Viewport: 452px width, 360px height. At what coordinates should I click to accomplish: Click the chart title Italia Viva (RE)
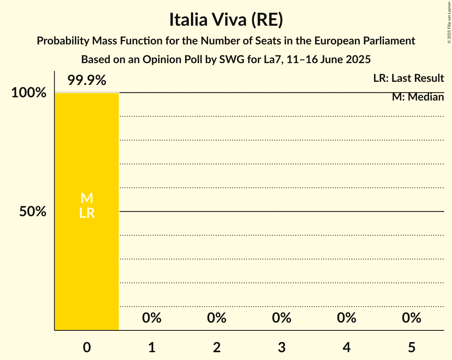click(x=226, y=20)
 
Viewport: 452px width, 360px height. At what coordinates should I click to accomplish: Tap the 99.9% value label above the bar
click(x=87, y=80)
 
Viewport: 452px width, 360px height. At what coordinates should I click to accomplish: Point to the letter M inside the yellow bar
click(x=87, y=198)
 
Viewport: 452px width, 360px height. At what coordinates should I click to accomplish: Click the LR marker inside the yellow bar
click(x=87, y=213)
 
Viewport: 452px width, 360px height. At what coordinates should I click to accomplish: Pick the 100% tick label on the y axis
click(x=28, y=93)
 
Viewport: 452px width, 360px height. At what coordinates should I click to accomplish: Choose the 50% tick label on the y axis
click(x=33, y=212)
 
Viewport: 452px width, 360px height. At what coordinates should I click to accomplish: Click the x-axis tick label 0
click(x=87, y=347)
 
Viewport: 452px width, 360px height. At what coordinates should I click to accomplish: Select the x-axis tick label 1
click(x=152, y=347)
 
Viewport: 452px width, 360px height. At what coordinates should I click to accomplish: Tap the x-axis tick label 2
click(x=217, y=347)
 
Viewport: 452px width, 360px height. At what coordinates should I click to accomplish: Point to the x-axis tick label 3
click(x=282, y=347)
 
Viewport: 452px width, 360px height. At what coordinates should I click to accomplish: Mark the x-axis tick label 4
click(x=347, y=347)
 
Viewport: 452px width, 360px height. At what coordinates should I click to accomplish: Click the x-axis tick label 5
click(x=411, y=347)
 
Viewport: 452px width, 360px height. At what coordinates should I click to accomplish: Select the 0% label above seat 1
click(x=152, y=318)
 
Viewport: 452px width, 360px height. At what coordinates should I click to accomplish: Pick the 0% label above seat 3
click(x=282, y=318)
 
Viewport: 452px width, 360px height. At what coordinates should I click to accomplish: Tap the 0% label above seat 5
click(x=411, y=318)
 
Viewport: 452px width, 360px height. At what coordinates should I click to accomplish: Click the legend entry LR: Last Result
click(x=408, y=78)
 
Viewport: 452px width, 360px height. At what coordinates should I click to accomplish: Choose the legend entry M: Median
click(x=418, y=97)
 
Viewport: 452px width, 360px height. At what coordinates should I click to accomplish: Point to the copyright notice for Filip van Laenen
click(x=448, y=22)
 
